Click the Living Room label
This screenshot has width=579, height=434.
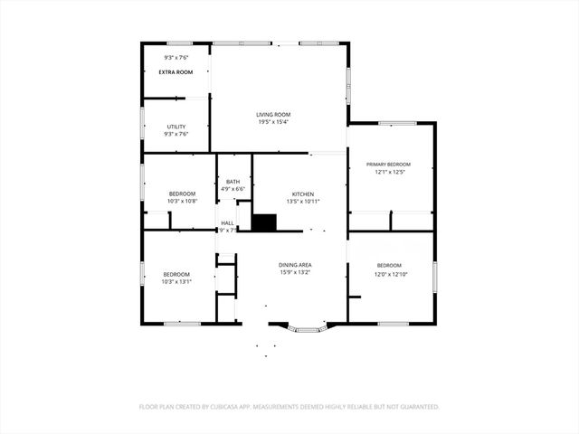272,114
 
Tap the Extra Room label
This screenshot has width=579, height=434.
176,71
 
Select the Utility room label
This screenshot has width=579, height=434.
176,126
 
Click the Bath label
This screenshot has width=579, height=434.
233,181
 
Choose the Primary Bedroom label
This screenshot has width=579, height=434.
389,164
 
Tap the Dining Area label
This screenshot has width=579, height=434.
295,263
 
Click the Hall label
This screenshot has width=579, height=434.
227,222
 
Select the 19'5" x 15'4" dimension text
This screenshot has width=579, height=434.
272,122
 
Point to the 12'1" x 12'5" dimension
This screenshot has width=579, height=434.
389,172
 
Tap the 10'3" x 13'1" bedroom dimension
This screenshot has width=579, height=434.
176,281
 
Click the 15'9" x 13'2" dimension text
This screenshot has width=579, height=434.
295,271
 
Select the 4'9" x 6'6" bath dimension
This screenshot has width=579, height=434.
233,189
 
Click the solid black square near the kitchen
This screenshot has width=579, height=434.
264,222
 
